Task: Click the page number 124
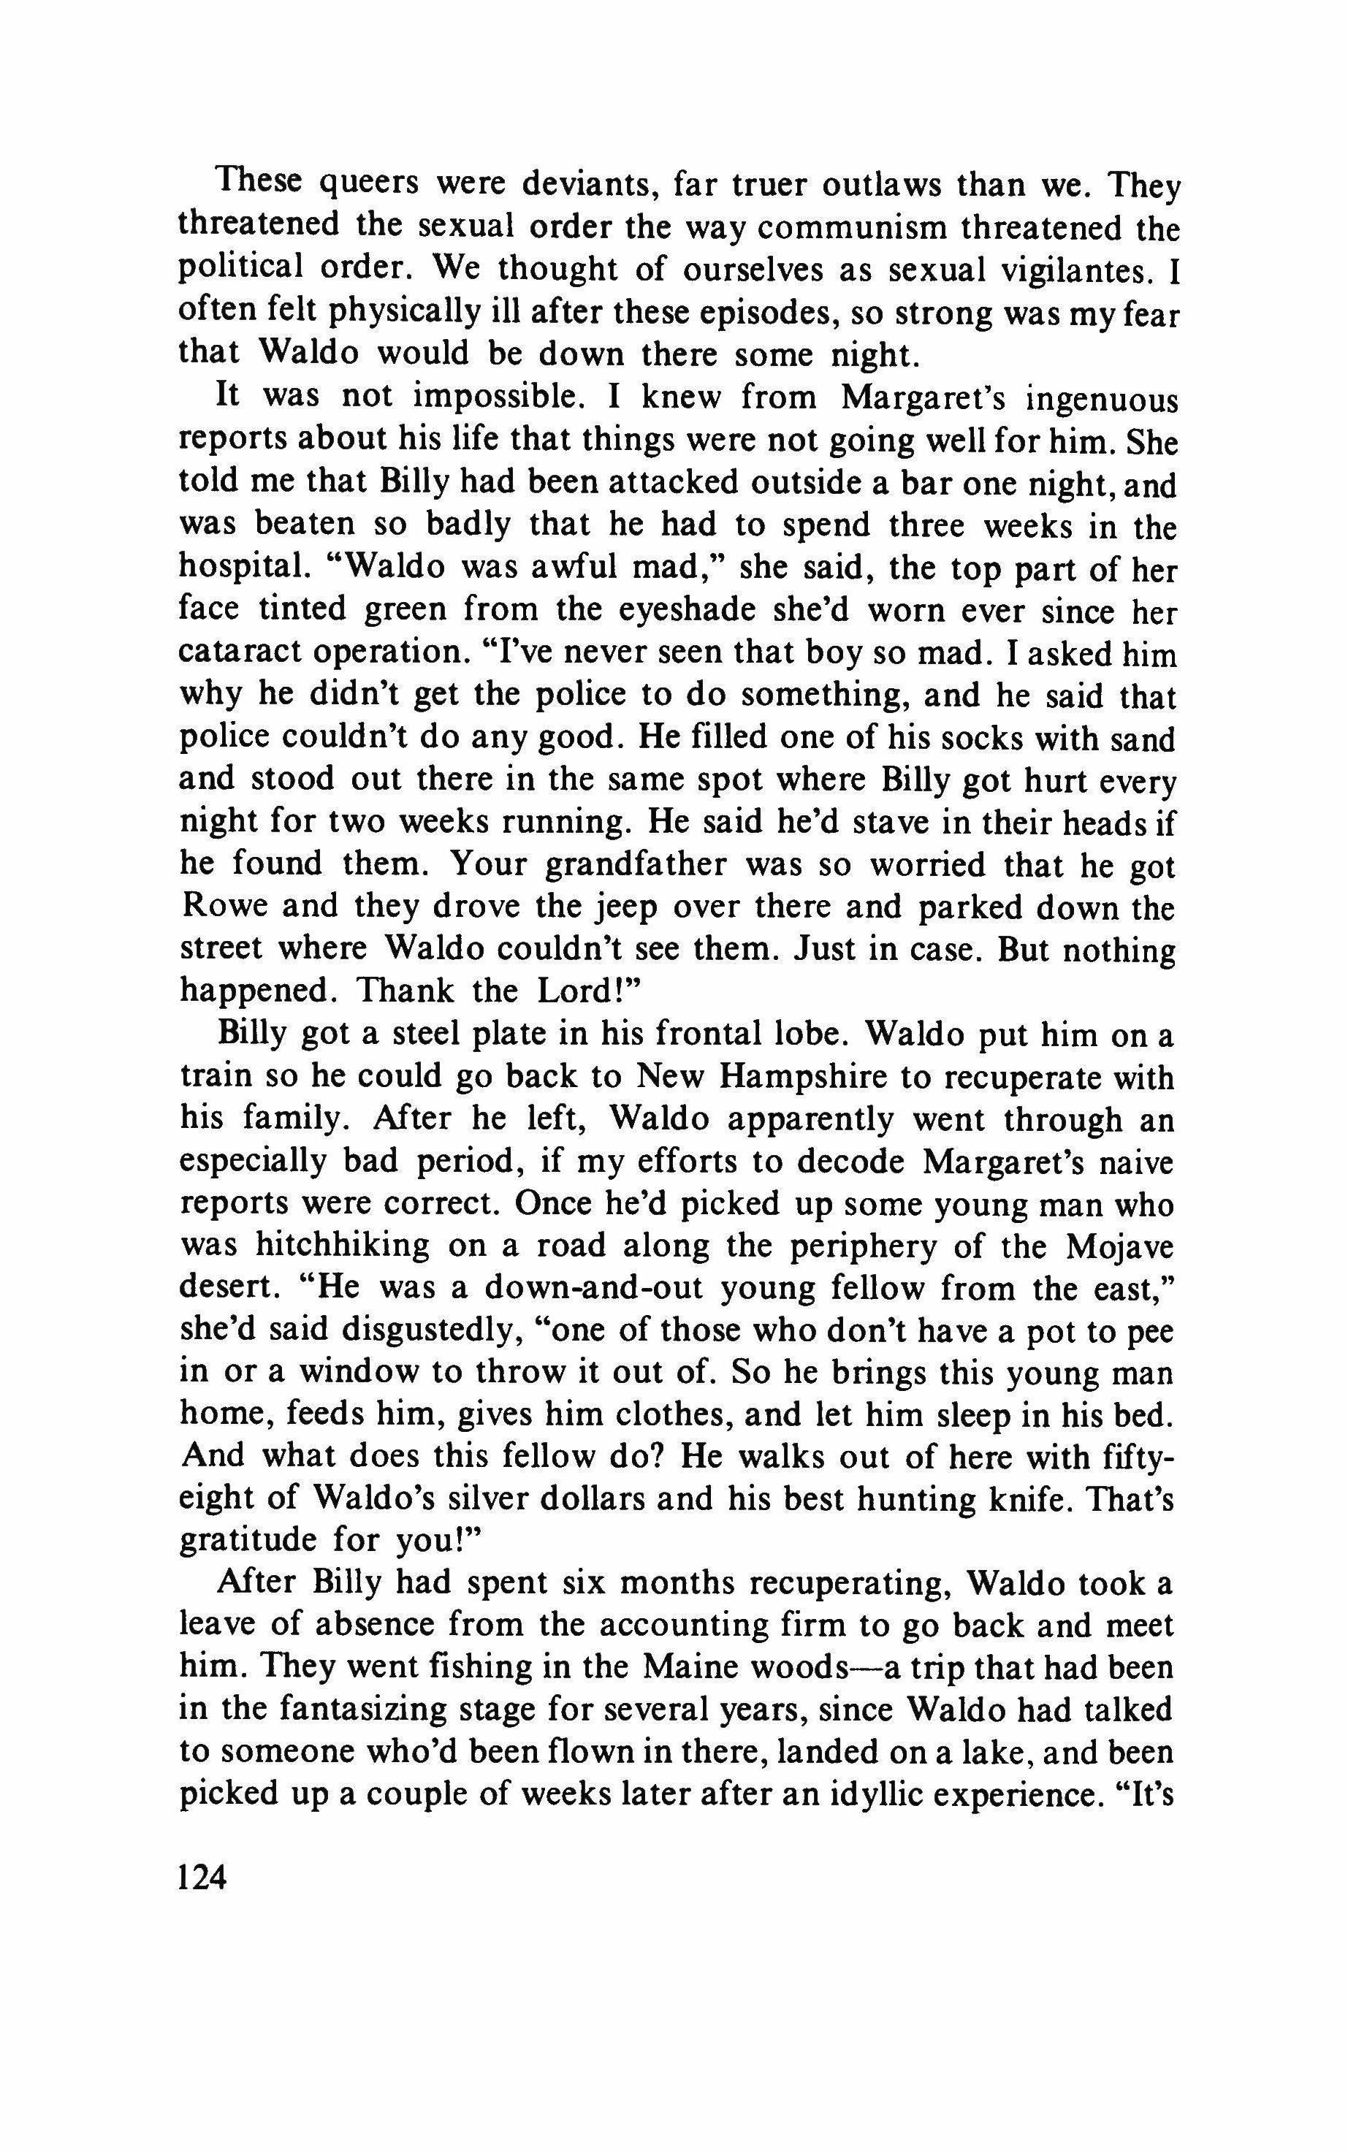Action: [x=204, y=1877]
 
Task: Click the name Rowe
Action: [x=223, y=908]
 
